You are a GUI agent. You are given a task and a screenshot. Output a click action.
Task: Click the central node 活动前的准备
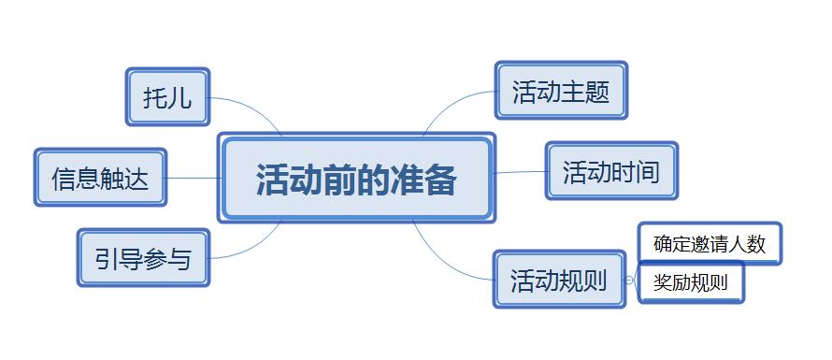point(356,179)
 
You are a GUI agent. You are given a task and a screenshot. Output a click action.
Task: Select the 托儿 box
point(167,97)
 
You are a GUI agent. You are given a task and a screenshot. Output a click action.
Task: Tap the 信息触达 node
point(100,178)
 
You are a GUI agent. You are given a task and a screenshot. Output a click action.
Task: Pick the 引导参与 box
point(143,258)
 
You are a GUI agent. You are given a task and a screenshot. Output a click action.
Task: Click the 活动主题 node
point(561,91)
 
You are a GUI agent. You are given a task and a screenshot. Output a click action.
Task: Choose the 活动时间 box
point(611,171)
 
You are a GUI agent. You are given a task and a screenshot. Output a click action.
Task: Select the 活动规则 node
point(559,280)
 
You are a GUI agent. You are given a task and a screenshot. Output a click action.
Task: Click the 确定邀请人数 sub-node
point(710,244)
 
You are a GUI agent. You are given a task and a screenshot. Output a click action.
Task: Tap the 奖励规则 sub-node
point(691,282)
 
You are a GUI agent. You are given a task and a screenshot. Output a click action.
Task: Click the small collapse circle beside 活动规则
point(629,280)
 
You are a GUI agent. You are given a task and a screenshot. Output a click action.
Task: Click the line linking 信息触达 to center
point(194,178)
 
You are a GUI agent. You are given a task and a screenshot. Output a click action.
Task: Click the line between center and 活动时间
point(520,172)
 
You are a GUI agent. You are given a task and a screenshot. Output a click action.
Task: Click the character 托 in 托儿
point(155,97)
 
